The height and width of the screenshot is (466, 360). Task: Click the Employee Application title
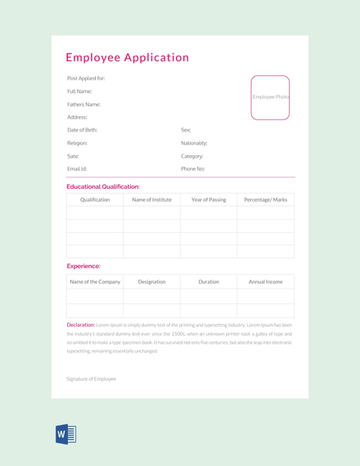(127, 58)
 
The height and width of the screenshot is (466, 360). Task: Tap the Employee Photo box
(270, 97)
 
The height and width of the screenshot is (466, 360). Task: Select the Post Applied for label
(86, 78)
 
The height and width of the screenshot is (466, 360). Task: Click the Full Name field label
(79, 92)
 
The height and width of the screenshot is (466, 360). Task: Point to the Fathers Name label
(83, 105)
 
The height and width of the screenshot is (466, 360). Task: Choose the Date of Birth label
(82, 130)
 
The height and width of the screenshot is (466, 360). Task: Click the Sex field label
(186, 130)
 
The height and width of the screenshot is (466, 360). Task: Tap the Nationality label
(194, 143)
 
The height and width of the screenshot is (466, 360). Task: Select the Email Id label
(77, 168)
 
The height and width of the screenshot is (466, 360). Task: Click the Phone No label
(193, 168)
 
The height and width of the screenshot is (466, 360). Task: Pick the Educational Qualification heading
(103, 186)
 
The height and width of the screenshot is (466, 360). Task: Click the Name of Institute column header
(151, 199)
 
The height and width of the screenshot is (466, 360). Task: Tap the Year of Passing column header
(209, 199)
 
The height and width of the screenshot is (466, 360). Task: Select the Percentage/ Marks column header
(265, 199)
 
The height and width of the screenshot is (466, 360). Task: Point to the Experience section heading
(83, 266)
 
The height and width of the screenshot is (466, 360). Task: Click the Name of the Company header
(95, 281)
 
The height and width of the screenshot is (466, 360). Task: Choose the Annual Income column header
(265, 281)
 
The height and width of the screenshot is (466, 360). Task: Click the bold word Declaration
(81, 325)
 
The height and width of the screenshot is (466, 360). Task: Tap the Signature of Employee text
(91, 379)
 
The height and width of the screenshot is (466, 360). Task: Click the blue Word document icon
(66, 434)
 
